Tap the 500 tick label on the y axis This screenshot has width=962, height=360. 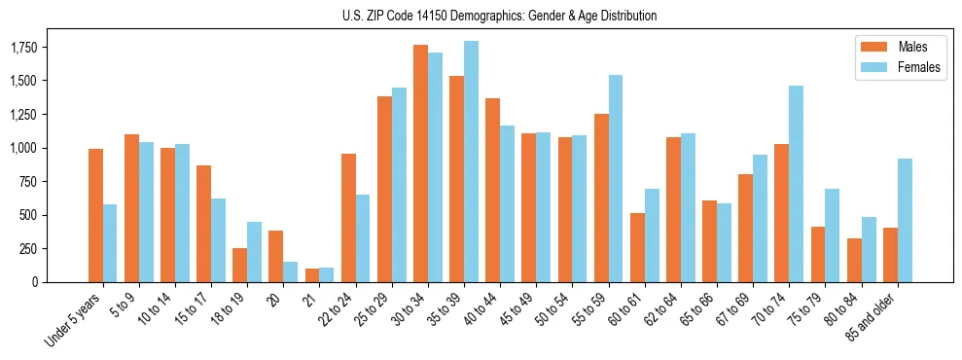[26, 215]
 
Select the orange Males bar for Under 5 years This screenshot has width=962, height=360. [95, 215]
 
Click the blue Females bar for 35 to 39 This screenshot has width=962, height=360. [471, 162]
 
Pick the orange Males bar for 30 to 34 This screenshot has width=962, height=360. [420, 163]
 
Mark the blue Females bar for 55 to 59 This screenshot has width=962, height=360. [616, 178]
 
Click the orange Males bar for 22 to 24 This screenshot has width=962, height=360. [348, 218]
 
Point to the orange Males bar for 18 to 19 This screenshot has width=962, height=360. [239, 265]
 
